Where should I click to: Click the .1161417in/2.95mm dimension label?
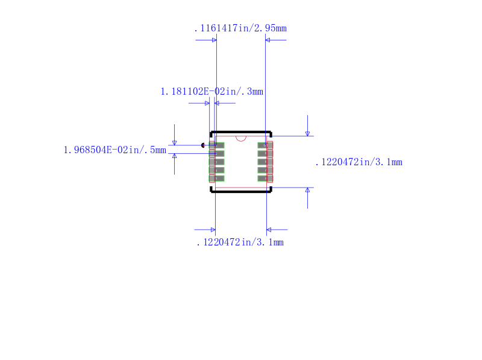(x=240, y=28)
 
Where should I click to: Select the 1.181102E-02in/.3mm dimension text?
(x=211, y=92)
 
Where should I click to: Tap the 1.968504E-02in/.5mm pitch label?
(x=114, y=150)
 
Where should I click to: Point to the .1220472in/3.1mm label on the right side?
(x=358, y=162)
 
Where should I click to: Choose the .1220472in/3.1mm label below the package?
(x=240, y=242)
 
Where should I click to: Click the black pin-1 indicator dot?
(x=203, y=145)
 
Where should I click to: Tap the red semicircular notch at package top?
(x=241, y=138)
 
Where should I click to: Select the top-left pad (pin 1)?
(x=217, y=145)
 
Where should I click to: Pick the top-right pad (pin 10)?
(x=265, y=145)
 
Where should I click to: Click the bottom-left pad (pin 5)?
(x=217, y=178)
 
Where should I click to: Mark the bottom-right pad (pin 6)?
(x=265, y=178)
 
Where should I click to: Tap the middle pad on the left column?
(x=217, y=162)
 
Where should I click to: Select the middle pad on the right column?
(x=265, y=162)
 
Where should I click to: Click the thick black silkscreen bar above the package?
(x=241, y=132)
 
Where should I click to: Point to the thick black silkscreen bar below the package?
(x=241, y=191)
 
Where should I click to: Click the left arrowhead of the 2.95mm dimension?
(x=213, y=40)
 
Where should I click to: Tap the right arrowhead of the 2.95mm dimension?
(x=268, y=40)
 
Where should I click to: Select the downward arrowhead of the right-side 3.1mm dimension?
(x=307, y=133)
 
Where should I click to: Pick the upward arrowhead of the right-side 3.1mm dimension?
(x=307, y=191)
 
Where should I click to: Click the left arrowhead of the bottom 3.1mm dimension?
(x=212, y=230)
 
